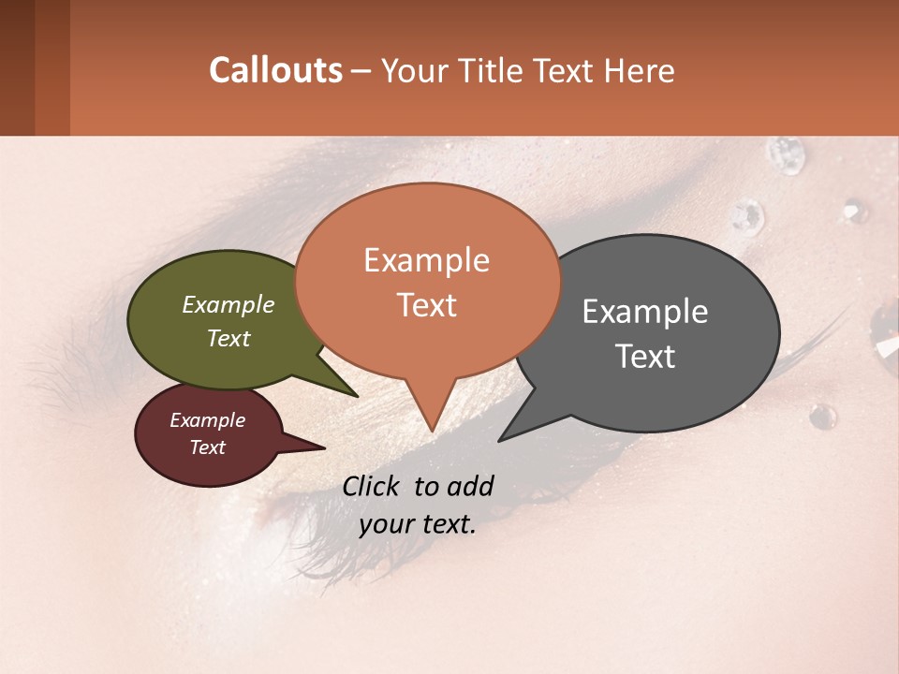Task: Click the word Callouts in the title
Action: (275, 70)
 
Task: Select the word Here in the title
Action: (637, 70)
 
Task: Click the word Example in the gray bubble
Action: (645, 312)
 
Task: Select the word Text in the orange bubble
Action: (427, 305)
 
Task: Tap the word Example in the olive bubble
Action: (228, 304)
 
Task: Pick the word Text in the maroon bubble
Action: (208, 447)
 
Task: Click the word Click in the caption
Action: (374, 486)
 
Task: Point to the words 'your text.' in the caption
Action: (418, 524)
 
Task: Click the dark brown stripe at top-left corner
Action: (17, 67)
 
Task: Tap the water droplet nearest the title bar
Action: (785, 154)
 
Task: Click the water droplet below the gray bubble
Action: (822, 417)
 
